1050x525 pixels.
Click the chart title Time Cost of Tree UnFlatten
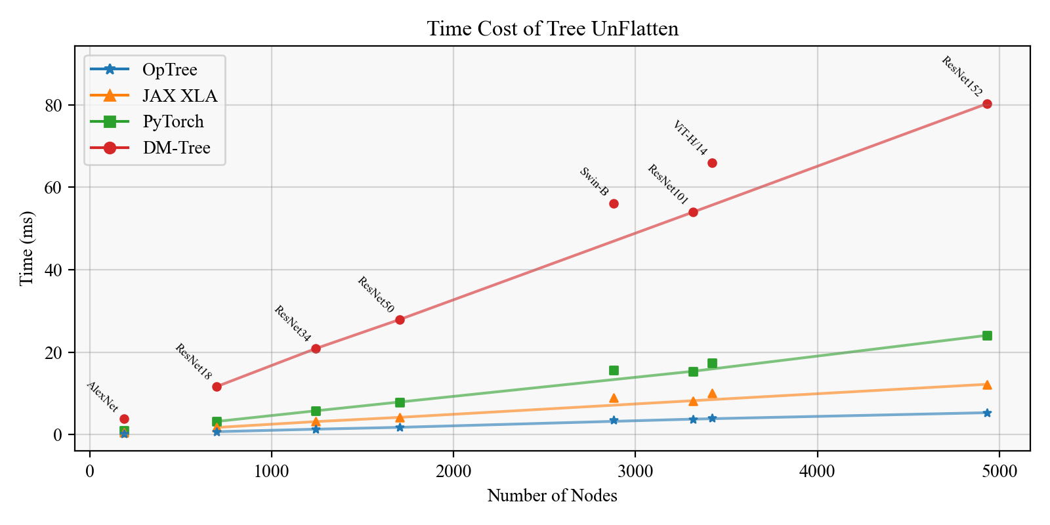tap(553, 29)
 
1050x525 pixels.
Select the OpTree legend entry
tap(169, 70)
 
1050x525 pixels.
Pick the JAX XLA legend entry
tap(179, 96)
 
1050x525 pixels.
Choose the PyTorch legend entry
tap(173, 121)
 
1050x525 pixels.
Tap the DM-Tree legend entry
tap(176, 148)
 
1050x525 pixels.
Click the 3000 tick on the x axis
tap(635, 471)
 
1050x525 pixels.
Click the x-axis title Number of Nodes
tap(552, 495)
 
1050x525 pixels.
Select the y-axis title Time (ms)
tap(26, 248)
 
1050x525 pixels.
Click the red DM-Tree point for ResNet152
tap(987, 104)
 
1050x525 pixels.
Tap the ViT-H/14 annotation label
tap(690, 138)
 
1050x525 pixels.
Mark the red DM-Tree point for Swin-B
tap(614, 203)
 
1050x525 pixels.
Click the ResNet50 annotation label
tap(376, 295)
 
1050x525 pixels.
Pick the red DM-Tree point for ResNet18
tap(217, 387)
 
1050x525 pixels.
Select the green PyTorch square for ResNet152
tap(987, 335)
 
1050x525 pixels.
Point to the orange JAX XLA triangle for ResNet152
tap(987, 385)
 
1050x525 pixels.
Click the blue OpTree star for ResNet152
tap(987, 413)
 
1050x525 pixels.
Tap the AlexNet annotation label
tap(102, 396)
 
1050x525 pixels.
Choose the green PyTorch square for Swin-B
tap(614, 370)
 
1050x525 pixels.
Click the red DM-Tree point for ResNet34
tap(316, 348)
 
